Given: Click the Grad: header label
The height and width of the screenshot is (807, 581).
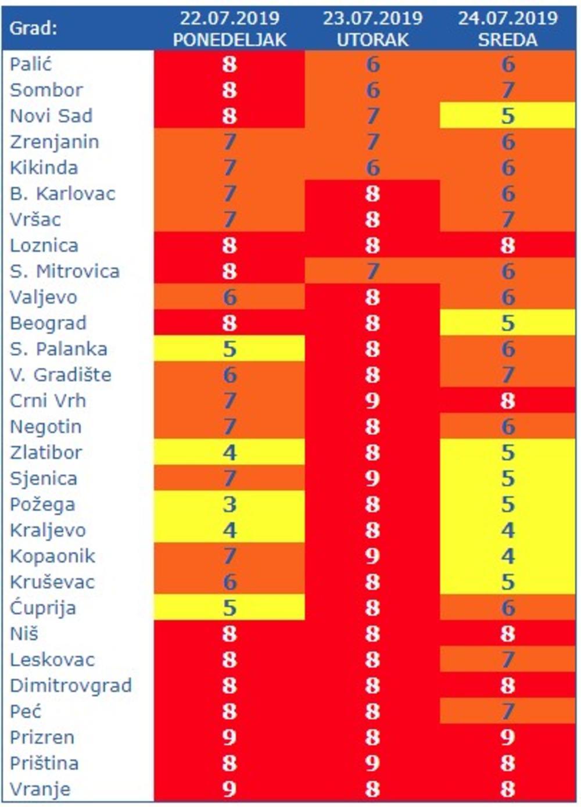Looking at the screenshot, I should click(x=34, y=28).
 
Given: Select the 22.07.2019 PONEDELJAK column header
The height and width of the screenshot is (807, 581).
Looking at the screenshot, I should click(x=229, y=28).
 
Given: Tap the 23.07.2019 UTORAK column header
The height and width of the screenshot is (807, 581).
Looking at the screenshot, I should click(x=372, y=28).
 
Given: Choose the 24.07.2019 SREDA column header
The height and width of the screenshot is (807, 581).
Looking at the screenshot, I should click(x=508, y=28).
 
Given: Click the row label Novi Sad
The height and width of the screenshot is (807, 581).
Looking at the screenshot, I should click(x=51, y=116).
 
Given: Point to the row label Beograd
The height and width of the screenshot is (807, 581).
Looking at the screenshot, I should click(x=48, y=323).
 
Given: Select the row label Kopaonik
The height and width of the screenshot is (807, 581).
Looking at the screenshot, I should click(x=52, y=556).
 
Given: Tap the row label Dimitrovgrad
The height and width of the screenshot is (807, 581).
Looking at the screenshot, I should click(x=71, y=686).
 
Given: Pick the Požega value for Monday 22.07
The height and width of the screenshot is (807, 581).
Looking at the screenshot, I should click(x=229, y=504).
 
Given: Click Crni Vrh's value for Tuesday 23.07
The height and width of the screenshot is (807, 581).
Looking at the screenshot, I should click(x=372, y=401).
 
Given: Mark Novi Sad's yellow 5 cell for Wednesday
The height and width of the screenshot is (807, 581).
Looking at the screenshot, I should click(x=508, y=116).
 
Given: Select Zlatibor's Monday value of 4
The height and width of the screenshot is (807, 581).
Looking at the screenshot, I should click(x=229, y=453).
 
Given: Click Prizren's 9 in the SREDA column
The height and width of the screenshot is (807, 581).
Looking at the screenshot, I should click(x=508, y=737).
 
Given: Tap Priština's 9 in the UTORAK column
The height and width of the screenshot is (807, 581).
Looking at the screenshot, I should click(x=372, y=763).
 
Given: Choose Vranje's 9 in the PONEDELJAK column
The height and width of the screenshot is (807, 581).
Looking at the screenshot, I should click(x=229, y=789).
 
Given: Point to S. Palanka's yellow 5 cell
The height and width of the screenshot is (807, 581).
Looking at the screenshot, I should click(x=229, y=349).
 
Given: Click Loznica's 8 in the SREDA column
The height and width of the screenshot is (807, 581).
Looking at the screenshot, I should click(x=508, y=245).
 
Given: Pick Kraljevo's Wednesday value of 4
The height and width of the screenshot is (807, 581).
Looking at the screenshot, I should click(x=508, y=530).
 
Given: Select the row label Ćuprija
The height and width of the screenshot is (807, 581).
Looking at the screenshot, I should click(x=43, y=608).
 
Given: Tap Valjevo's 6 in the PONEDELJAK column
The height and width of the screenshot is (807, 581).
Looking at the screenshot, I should click(x=229, y=297).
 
